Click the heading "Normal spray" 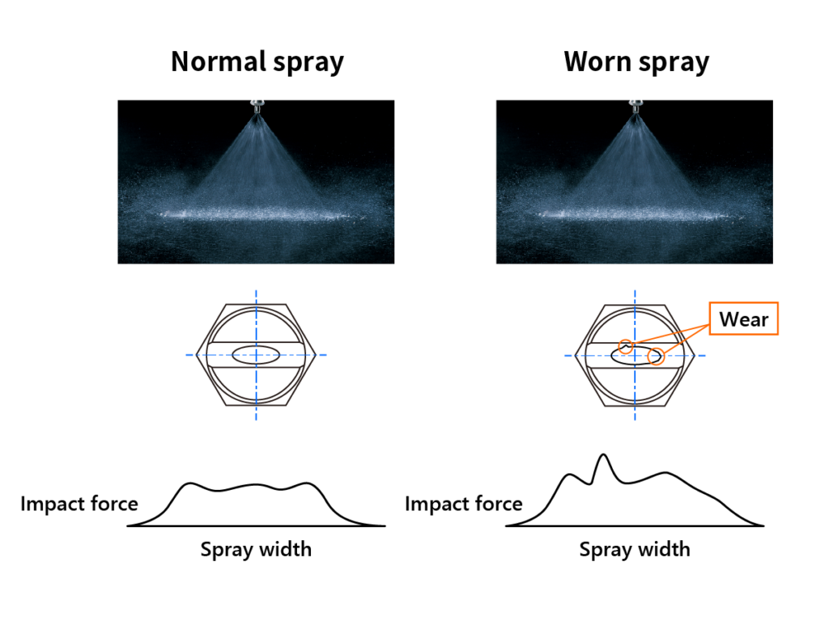pos(257,62)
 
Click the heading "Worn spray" pos(636,62)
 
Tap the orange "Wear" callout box pos(743,319)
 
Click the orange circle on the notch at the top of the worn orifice pos(626,346)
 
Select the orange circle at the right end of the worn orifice pos(656,357)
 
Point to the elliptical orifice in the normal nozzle pos(256,355)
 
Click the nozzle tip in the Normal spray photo pos(257,106)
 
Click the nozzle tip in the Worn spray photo pos(635,106)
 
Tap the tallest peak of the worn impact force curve pos(603,454)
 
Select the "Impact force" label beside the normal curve pos(79,504)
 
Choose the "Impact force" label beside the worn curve pos(464,504)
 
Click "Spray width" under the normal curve pos(256,550)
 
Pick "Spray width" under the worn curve pos(635,550)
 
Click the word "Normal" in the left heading pos(219,61)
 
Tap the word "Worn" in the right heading pos(597,61)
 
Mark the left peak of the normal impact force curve pos(190,484)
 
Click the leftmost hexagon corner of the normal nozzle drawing pos(196,355)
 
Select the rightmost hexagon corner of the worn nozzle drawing pos(694,356)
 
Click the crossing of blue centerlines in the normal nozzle pos(257,355)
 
